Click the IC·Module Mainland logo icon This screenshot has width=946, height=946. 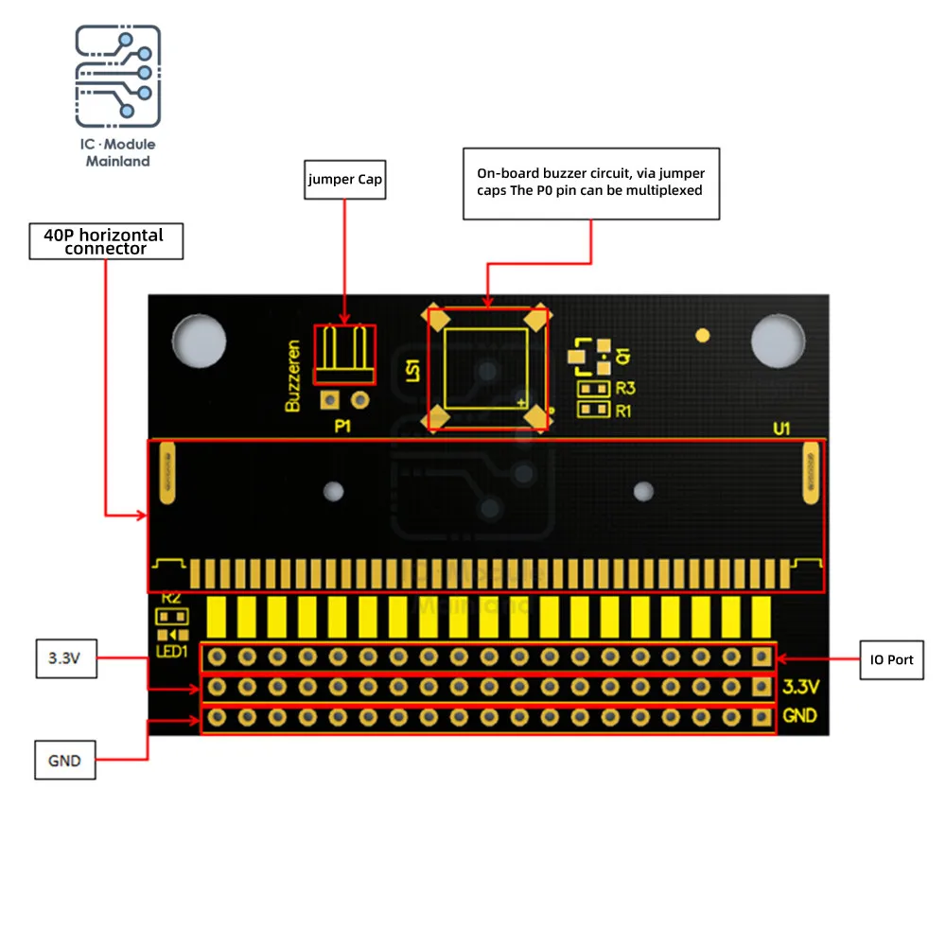(x=118, y=75)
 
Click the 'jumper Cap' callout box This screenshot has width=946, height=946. (x=344, y=179)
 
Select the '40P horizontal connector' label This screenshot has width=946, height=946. (x=106, y=241)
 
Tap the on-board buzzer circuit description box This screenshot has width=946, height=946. (x=591, y=184)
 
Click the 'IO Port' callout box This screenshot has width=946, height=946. (x=891, y=659)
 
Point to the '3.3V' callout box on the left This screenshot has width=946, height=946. (x=65, y=659)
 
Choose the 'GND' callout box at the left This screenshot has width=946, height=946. (x=65, y=760)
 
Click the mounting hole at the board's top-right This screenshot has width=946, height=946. (x=779, y=340)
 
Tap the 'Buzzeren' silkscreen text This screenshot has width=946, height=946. (x=293, y=376)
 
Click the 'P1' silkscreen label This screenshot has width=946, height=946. (x=342, y=427)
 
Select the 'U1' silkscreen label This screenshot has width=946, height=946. (x=781, y=429)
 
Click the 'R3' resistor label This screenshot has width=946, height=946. (x=623, y=389)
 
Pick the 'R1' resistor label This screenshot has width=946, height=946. (x=623, y=411)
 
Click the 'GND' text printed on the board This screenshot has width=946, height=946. (x=800, y=716)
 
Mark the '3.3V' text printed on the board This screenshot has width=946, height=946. (x=800, y=686)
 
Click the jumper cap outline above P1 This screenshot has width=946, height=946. (x=344, y=353)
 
